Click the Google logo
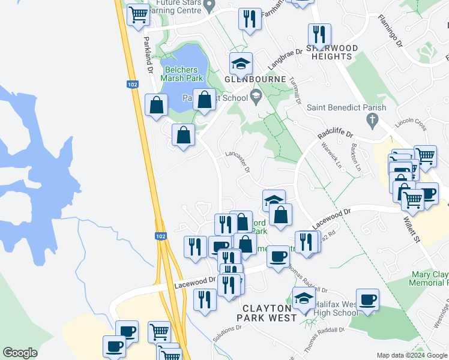pos(20,353)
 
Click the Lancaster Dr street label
pos(238,161)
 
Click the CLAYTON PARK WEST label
pos(266,312)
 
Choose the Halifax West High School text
pos(333,308)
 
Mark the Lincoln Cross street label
pos(411,124)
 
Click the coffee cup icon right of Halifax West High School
pos(367,299)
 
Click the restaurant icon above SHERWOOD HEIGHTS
pos(319,34)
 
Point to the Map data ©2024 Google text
pos(412,355)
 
